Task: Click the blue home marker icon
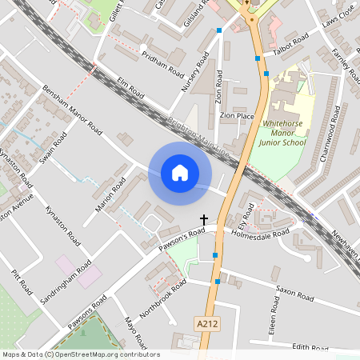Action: pos(180,173)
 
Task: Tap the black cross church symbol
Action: pos(203,218)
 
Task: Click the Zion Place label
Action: pos(237,116)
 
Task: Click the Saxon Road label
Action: pos(294,295)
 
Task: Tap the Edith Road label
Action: pos(310,348)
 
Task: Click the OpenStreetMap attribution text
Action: pos(80,354)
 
